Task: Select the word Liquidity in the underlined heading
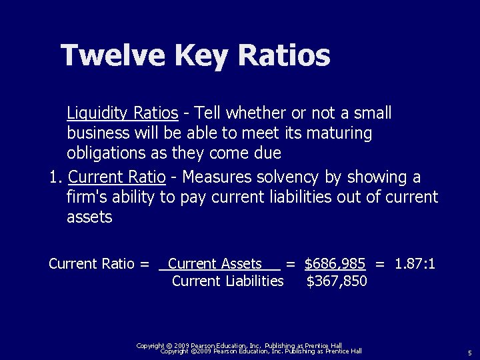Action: [95, 113]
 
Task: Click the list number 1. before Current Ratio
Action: [56, 177]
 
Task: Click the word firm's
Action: [85, 197]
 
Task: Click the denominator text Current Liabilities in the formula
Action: [227, 281]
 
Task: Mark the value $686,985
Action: [335, 263]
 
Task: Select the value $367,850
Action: [336, 281]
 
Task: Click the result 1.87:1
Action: [415, 263]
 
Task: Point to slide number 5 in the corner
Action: [469, 352]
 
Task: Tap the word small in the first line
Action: [373, 113]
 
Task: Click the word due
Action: [267, 153]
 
